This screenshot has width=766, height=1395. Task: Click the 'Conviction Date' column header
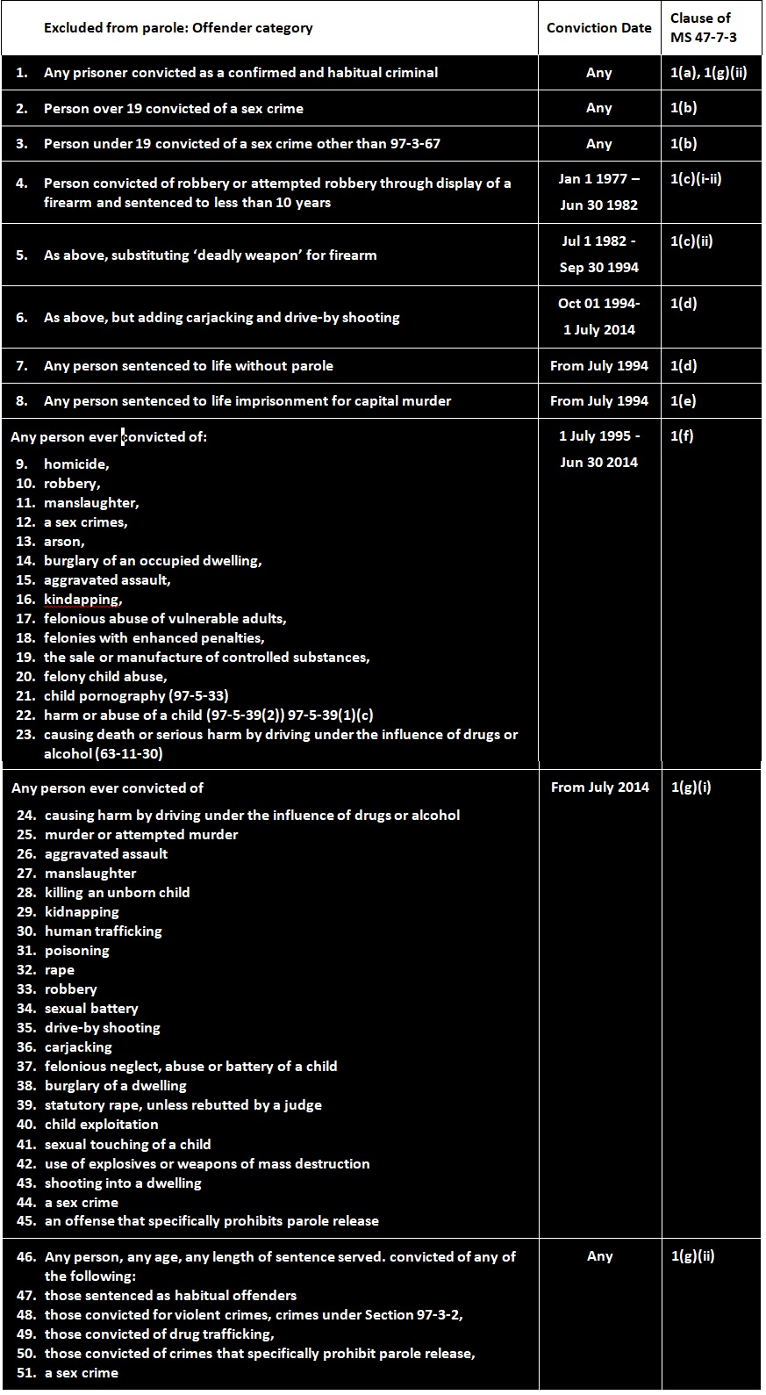(598, 28)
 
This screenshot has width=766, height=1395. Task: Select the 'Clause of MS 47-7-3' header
(703, 28)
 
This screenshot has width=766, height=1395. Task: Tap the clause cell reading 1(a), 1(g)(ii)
(708, 73)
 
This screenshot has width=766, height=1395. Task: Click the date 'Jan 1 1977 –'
(598, 179)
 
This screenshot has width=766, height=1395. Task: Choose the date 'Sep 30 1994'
(598, 268)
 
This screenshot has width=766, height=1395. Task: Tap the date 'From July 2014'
(599, 787)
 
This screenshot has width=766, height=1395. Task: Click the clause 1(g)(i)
(691, 787)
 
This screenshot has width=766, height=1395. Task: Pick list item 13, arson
(64, 542)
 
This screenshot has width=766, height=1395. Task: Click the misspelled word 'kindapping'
(82, 600)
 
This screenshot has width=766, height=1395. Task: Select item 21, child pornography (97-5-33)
(136, 696)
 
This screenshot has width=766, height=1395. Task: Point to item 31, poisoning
(77, 951)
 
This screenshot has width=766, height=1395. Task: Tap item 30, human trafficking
(104, 931)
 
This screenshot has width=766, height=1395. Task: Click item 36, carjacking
(78, 1047)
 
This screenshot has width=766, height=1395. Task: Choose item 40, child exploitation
(102, 1125)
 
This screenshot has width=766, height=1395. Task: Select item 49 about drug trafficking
(159, 1334)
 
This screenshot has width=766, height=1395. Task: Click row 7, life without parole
(188, 366)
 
